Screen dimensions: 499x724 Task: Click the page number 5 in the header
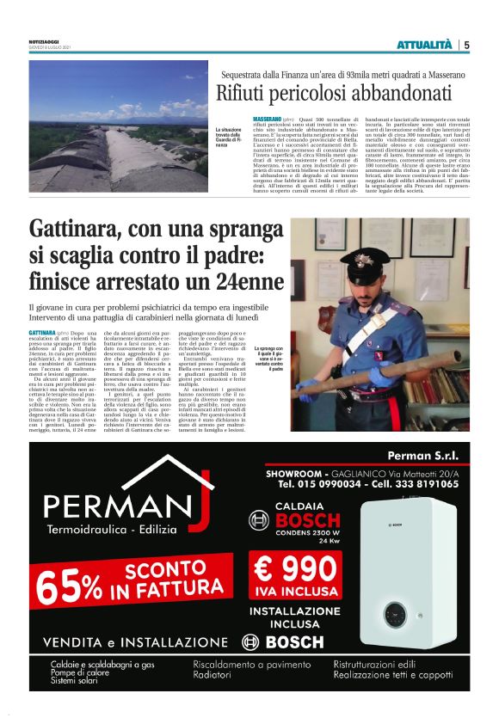tap(466, 45)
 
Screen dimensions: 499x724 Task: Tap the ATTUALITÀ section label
tap(423, 45)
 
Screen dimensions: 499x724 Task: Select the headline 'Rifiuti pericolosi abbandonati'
tap(334, 94)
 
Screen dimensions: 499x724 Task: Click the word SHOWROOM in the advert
tap(296, 472)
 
